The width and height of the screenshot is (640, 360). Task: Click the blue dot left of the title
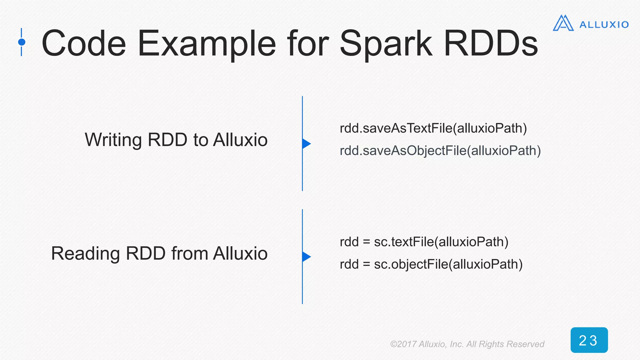[x=22, y=42]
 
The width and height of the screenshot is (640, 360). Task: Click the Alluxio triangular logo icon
[x=563, y=23]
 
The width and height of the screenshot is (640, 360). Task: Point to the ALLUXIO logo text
[x=604, y=25]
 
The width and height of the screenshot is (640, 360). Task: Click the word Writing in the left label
[x=113, y=140]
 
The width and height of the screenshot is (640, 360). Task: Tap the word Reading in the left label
[x=85, y=253]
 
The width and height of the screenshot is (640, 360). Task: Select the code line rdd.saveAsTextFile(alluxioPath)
[x=433, y=128]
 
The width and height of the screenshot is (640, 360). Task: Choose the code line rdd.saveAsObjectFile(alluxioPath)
[x=440, y=151]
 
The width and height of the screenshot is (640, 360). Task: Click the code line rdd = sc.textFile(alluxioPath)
[x=424, y=242]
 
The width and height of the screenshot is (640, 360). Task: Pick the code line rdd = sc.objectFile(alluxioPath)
[x=431, y=264]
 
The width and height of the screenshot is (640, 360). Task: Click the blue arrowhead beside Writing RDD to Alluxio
[x=306, y=144]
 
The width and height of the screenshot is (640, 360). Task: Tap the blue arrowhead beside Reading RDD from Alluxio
[x=306, y=257]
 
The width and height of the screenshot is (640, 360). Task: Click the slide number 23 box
[x=589, y=340]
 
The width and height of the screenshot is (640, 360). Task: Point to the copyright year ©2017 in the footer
[x=403, y=344]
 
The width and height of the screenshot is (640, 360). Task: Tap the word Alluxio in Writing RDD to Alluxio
[x=240, y=140]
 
